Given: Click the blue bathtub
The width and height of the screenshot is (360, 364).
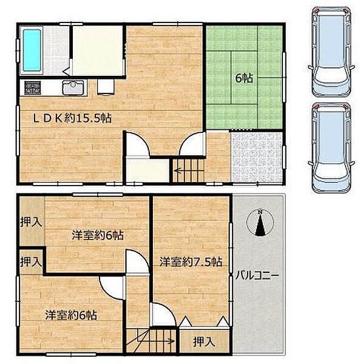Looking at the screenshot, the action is tap(32, 50).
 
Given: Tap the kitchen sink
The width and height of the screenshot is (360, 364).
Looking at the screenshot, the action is tap(73, 87).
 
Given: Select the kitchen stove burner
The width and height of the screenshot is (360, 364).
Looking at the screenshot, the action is tap(33, 87).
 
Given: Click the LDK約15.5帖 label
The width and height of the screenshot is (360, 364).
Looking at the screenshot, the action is tap(72, 118).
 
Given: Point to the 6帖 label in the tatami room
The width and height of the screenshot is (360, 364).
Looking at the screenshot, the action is tap(244, 78).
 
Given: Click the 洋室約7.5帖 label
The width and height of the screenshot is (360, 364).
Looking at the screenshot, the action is tap(191, 262).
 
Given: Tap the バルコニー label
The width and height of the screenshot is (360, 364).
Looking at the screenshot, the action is tap(257, 275).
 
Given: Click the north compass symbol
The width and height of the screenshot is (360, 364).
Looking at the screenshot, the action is tap(260, 223).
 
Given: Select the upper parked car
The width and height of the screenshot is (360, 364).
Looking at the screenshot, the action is tap(331, 52).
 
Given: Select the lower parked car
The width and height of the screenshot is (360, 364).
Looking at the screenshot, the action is tap(331, 149).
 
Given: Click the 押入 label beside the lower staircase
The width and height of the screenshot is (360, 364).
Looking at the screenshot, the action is tap(204, 342).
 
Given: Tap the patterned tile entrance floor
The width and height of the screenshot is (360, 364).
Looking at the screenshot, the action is tap(257, 157).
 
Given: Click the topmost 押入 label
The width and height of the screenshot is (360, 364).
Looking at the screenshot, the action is tap(31, 222).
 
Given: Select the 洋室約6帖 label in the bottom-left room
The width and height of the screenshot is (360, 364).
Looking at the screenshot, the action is tap(71, 315).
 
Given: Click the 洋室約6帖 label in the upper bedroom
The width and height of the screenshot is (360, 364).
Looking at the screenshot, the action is tap(98, 235).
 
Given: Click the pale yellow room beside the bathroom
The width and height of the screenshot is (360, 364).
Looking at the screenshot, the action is tap(97, 50).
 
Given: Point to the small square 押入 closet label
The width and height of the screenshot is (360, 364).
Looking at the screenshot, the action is tap(31, 261).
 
